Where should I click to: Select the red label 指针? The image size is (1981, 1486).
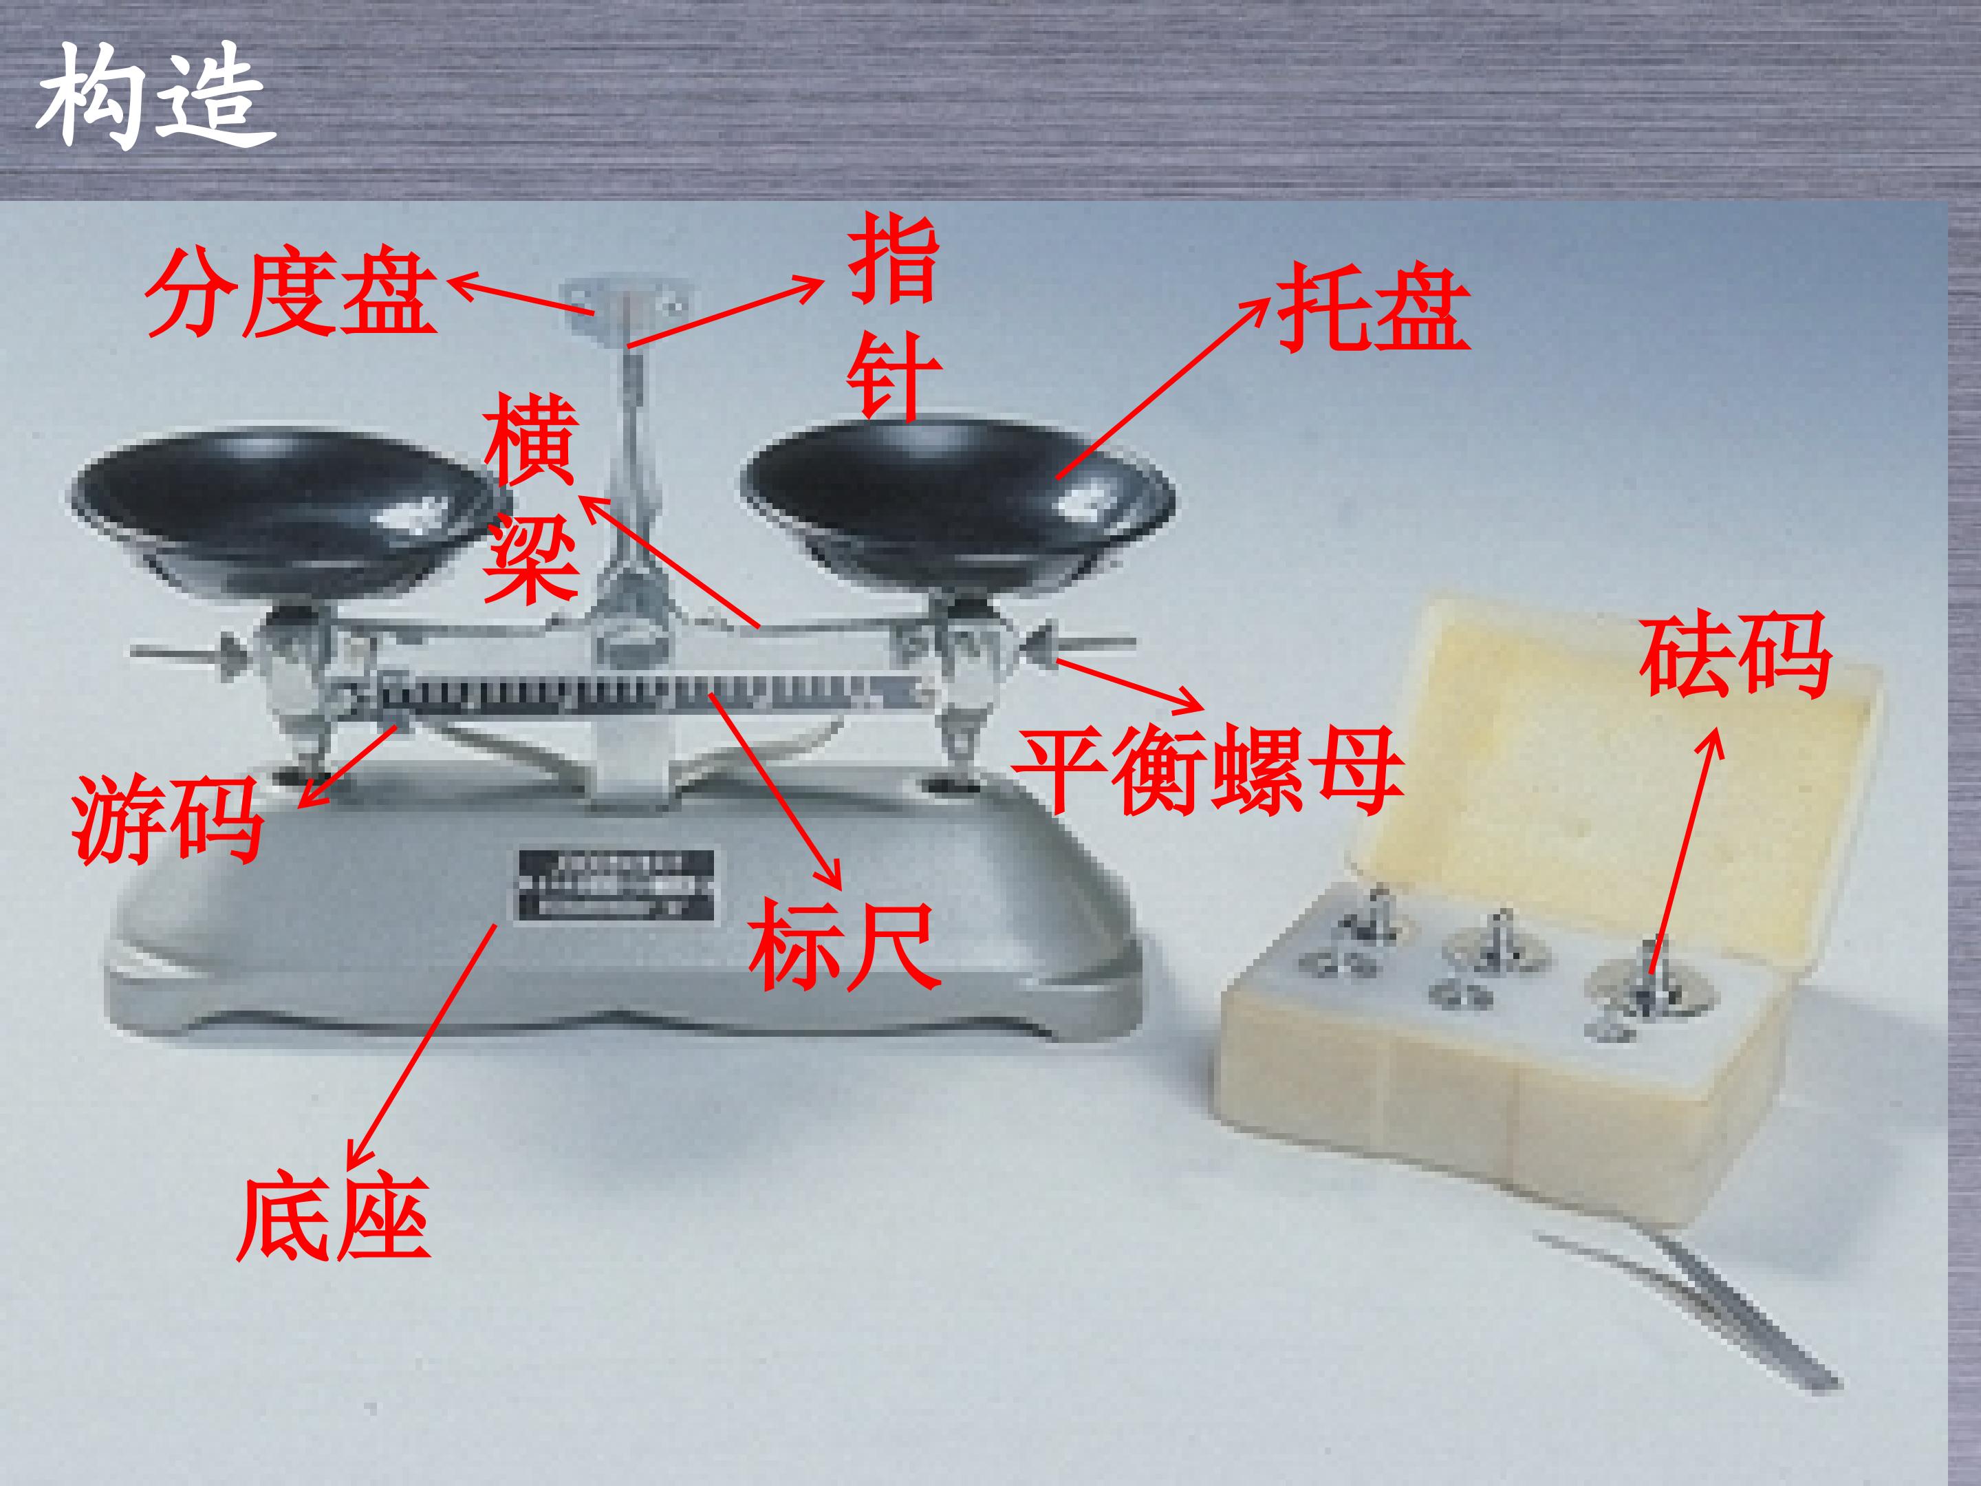(x=893, y=317)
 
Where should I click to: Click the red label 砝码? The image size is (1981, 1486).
(x=1735, y=655)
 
